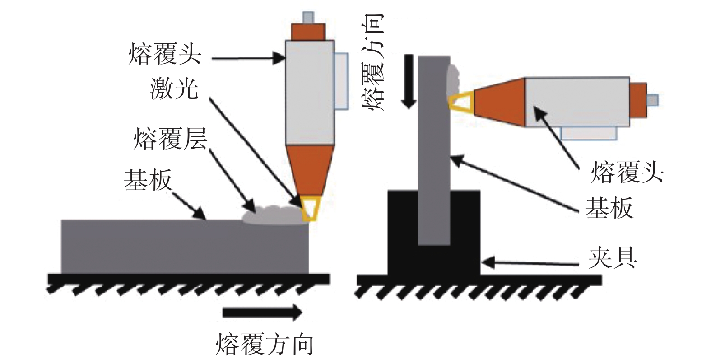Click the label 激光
tap(174, 89)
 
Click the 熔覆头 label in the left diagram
tap(165, 55)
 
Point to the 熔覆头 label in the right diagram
tap(627, 172)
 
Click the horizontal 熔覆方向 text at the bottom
tap(264, 344)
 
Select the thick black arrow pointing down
tap(409, 81)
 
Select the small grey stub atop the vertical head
tap(308, 17)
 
